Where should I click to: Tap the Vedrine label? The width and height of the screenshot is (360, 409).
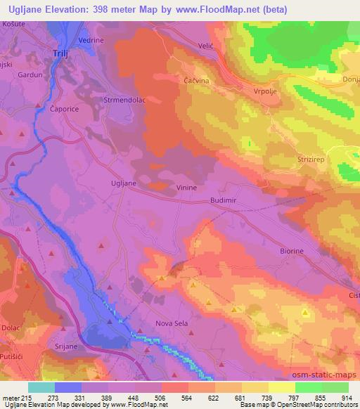[x=91, y=41]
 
